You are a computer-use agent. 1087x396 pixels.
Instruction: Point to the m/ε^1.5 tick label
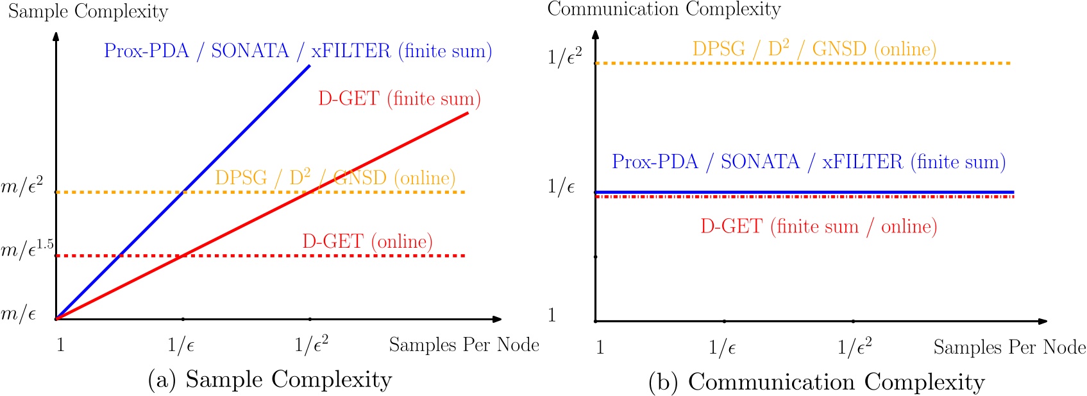pyautogui.click(x=27, y=249)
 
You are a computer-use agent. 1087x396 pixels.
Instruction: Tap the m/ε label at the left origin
pyautogui.click(x=18, y=314)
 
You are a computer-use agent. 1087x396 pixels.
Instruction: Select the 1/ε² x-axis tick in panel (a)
pyautogui.click(x=311, y=345)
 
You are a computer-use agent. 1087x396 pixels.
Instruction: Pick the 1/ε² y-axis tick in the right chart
pyautogui.click(x=564, y=57)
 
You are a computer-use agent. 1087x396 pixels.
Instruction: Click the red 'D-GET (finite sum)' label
pyautogui.click(x=399, y=99)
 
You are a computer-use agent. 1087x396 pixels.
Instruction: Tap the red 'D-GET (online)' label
pyautogui.click(x=367, y=241)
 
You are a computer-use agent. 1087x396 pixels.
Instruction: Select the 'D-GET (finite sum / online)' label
pyautogui.click(x=818, y=227)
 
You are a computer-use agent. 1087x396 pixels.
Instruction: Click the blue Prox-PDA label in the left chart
pyautogui.click(x=298, y=51)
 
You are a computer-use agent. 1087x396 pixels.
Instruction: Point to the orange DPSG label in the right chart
pyautogui.click(x=814, y=49)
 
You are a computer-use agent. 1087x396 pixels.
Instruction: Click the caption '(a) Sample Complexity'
pyautogui.click(x=270, y=379)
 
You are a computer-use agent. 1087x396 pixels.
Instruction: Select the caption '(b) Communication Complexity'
pyautogui.click(x=816, y=382)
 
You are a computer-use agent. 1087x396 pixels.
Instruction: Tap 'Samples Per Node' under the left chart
pyautogui.click(x=464, y=345)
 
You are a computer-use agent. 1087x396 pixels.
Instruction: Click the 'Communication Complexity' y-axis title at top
pyautogui.click(x=664, y=9)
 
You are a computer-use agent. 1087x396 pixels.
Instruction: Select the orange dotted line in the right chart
pyautogui.click(x=802, y=64)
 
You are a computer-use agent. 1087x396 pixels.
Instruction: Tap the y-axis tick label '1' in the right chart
pyautogui.click(x=552, y=315)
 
